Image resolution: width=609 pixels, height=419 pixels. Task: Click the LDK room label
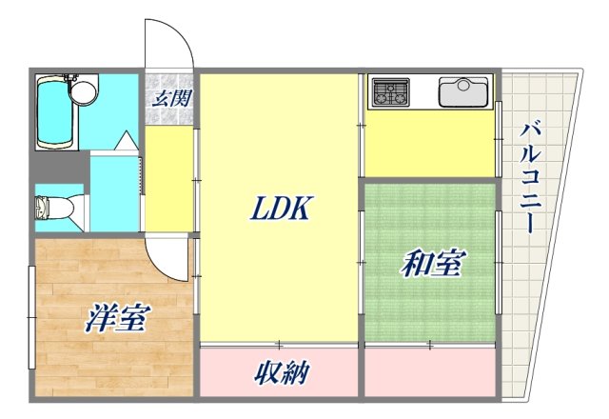point(280,209)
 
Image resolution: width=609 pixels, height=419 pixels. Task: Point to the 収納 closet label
point(280,373)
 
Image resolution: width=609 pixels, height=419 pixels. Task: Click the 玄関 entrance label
point(171,96)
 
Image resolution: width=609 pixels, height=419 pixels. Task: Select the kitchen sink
point(463,92)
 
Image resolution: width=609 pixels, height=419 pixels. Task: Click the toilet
point(48,208)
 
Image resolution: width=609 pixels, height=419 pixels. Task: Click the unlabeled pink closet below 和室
point(430,373)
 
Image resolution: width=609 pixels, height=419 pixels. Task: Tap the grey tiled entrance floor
point(171,110)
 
